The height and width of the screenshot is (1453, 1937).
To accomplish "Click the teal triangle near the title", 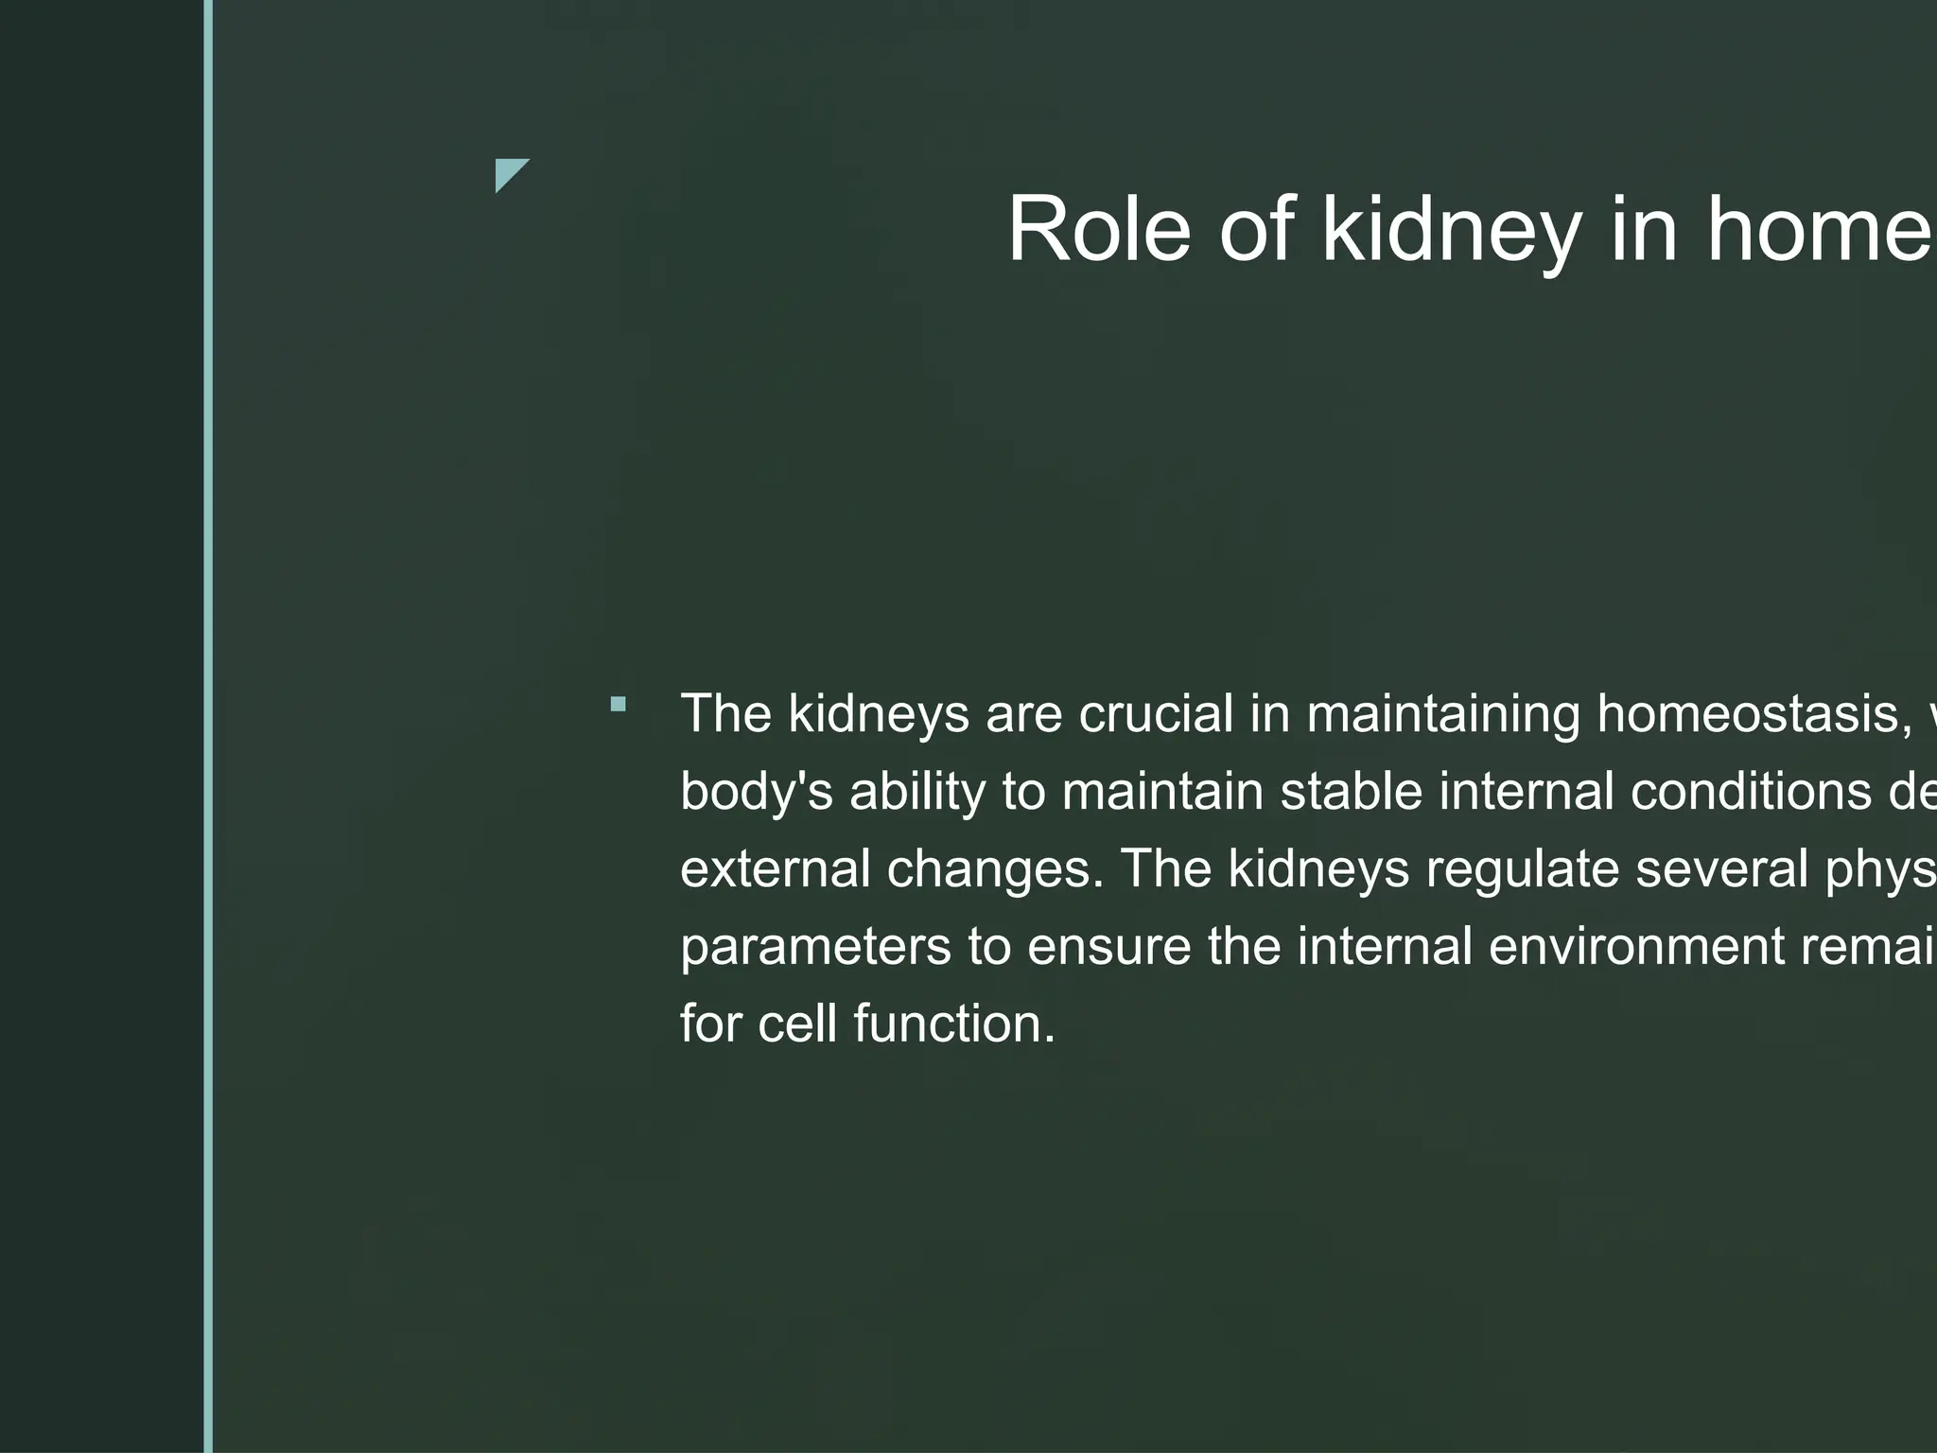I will click(508, 172).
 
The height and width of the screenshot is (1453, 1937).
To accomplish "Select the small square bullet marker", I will click(619, 704).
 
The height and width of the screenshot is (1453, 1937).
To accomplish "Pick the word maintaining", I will click(1443, 713).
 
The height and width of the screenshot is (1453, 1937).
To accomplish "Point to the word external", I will click(775, 868).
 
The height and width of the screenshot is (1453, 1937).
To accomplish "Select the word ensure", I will click(1108, 947).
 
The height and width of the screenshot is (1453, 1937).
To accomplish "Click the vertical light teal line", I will click(208, 726).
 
